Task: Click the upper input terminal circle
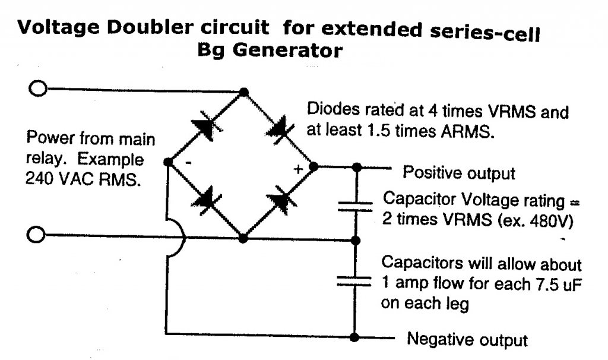[38, 90]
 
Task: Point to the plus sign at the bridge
[299, 169]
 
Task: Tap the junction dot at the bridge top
[243, 91]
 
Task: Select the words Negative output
[467, 340]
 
